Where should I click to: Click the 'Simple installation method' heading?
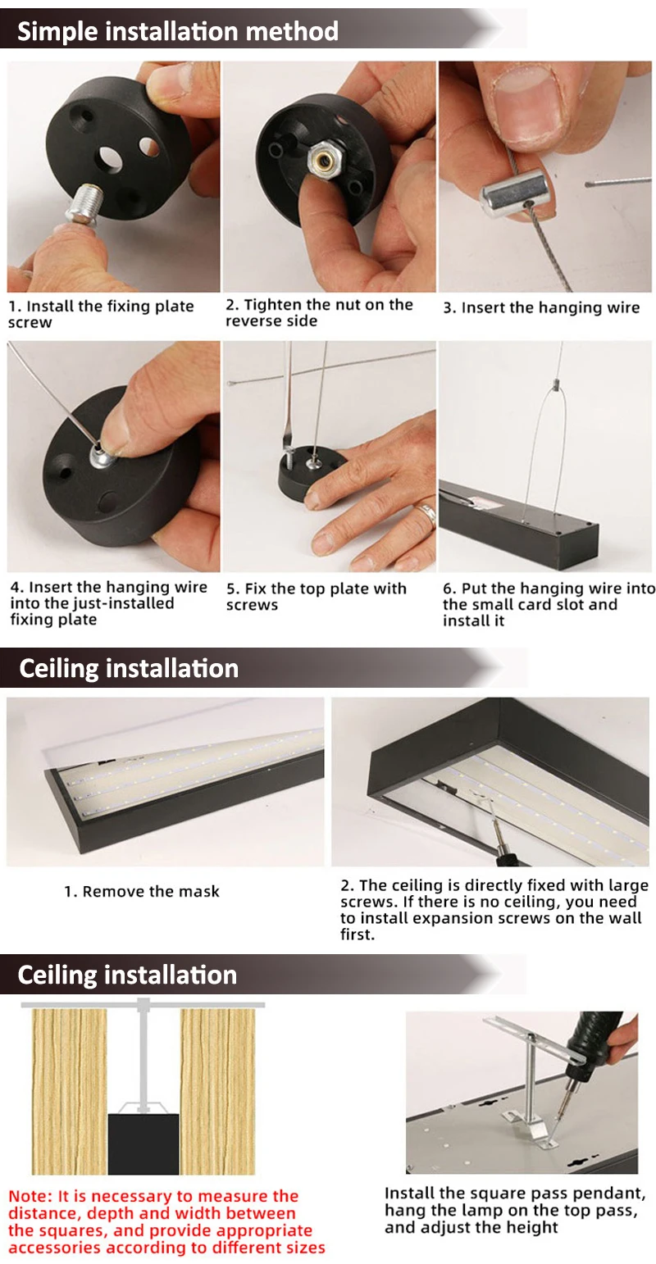click(x=178, y=31)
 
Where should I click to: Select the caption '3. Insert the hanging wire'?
click(x=541, y=307)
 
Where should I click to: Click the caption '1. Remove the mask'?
click(x=142, y=892)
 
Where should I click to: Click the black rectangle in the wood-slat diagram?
click(x=143, y=1144)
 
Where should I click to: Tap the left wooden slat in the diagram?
click(x=70, y=1091)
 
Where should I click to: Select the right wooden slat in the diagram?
click(x=218, y=1091)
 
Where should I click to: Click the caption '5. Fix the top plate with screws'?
click(x=317, y=597)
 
